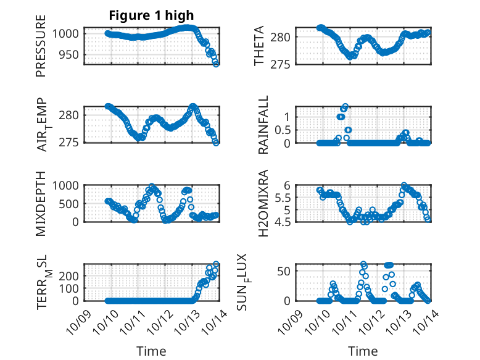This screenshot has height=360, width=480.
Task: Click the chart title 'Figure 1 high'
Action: click(x=151, y=15)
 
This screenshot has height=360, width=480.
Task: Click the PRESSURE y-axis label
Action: click(x=41, y=50)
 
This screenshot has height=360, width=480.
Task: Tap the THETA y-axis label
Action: click(x=260, y=45)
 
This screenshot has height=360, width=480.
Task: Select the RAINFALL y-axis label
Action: click(x=263, y=125)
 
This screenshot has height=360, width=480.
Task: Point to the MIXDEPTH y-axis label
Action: click(x=41, y=203)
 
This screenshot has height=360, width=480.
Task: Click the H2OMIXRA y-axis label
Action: click(x=263, y=203)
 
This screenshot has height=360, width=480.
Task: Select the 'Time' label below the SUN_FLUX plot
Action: click(x=363, y=351)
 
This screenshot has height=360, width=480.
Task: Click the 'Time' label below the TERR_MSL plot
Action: click(x=151, y=351)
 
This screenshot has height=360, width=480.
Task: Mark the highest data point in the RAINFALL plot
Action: click(x=346, y=106)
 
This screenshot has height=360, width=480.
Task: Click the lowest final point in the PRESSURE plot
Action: click(x=216, y=63)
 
